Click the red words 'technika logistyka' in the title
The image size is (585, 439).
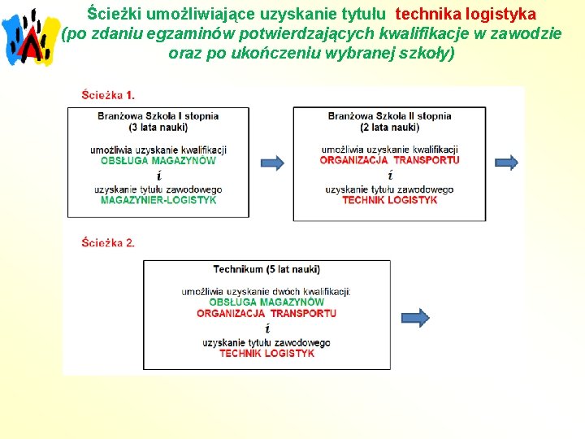coord(465,14)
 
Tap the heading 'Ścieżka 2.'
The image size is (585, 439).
coord(108,242)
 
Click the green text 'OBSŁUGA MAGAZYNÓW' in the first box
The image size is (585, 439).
coord(158,160)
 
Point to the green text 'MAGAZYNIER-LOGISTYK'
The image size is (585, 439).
coord(158,200)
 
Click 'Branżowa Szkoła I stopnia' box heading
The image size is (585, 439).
coord(158,115)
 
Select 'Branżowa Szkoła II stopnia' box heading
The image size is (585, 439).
coord(389,115)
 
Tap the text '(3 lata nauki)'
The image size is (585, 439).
coord(158,127)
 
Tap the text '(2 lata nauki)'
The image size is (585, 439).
coord(389,127)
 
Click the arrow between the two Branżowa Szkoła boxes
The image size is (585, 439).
coord(272,163)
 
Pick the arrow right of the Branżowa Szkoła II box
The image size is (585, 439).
coord(506,163)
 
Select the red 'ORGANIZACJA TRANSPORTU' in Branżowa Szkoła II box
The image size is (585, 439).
coord(389,160)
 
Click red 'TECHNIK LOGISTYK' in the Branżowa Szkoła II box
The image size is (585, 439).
coord(389,200)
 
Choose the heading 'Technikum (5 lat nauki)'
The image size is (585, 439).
coord(266,269)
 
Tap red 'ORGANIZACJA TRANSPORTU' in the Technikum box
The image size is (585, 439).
coord(266,313)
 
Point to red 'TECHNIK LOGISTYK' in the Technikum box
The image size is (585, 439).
coord(266,354)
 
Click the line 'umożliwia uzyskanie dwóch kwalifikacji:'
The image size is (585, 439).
coord(266,291)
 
